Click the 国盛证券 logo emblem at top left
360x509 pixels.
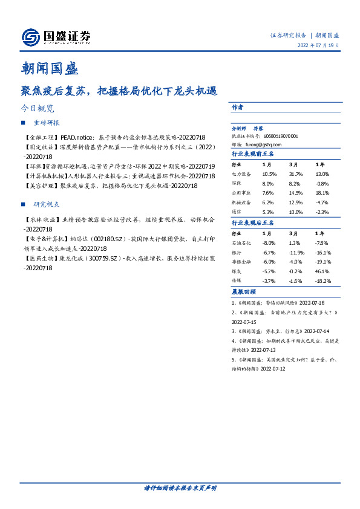tap(30, 37)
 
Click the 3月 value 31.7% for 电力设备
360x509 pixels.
tap(295, 174)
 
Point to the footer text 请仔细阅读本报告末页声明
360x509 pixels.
tap(180, 487)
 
